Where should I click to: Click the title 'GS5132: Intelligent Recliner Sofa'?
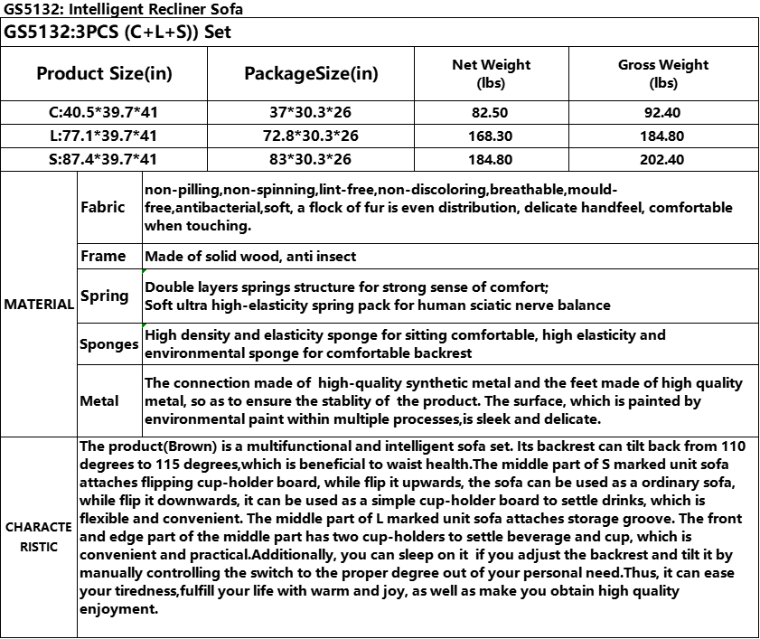click(123, 9)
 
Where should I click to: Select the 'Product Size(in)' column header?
click(104, 73)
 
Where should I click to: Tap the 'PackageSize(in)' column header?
click(312, 73)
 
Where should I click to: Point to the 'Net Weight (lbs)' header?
click(491, 73)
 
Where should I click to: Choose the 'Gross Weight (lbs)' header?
click(662, 73)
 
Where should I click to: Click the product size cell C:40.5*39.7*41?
click(104, 113)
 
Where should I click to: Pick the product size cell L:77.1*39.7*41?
click(104, 136)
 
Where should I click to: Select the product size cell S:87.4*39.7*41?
click(104, 159)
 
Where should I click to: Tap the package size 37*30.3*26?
click(312, 113)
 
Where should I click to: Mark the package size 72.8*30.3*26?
click(312, 136)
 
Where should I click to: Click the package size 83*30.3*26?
click(312, 159)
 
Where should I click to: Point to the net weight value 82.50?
click(491, 113)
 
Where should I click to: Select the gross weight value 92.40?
click(662, 113)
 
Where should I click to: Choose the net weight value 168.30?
click(491, 136)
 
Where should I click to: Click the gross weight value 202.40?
click(662, 159)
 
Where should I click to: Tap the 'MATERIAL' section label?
click(39, 305)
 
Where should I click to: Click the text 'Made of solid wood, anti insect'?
click(250, 257)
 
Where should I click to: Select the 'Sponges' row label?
click(108, 344)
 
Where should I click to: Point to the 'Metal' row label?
click(99, 400)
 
